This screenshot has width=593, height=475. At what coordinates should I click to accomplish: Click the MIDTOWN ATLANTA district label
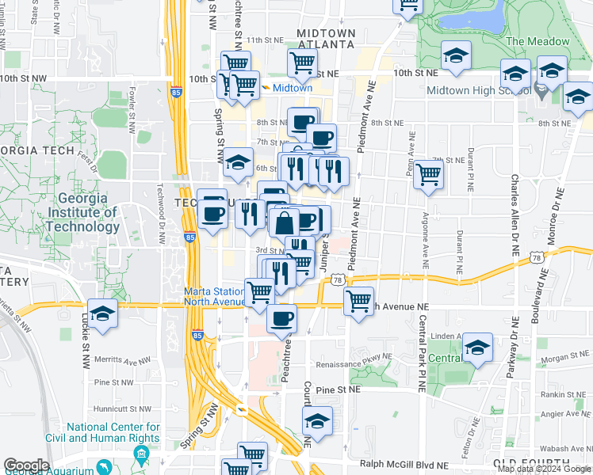(x=325, y=38)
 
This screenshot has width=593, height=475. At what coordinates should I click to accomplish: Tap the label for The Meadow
(x=538, y=41)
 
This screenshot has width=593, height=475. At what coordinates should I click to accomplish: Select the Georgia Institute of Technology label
(x=82, y=212)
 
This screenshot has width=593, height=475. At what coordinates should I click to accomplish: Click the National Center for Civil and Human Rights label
(x=113, y=432)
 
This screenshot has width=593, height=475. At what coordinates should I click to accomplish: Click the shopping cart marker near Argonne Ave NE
(x=428, y=174)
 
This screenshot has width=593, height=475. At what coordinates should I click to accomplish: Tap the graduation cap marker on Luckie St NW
(x=102, y=313)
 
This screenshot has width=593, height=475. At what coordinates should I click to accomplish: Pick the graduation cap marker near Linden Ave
(x=476, y=348)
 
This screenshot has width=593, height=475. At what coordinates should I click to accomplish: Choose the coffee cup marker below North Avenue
(x=281, y=318)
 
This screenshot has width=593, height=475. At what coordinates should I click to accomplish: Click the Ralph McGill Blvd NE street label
(x=404, y=465)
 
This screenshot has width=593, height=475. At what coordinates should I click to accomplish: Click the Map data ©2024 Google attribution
(x=544, y=469)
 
